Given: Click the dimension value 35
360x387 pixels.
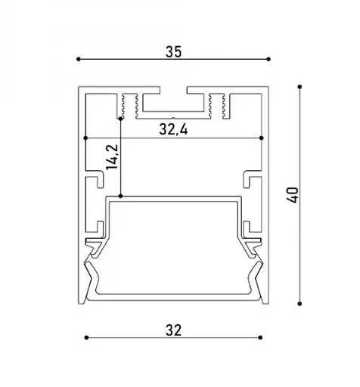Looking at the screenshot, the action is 173,51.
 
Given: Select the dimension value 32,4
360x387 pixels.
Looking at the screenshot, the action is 173,130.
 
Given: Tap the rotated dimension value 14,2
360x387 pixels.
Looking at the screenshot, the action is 112,157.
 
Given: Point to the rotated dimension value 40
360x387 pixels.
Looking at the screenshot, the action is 293,195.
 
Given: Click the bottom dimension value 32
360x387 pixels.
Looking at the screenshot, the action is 173,330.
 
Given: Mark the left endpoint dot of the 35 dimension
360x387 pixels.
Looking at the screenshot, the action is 79,59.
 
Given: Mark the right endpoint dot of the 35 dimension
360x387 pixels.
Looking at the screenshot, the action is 268,59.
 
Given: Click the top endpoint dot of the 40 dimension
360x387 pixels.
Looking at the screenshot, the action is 299,87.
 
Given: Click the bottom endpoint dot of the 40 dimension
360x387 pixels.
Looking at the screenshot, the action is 299,304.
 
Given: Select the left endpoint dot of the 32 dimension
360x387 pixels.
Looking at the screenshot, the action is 86,338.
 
